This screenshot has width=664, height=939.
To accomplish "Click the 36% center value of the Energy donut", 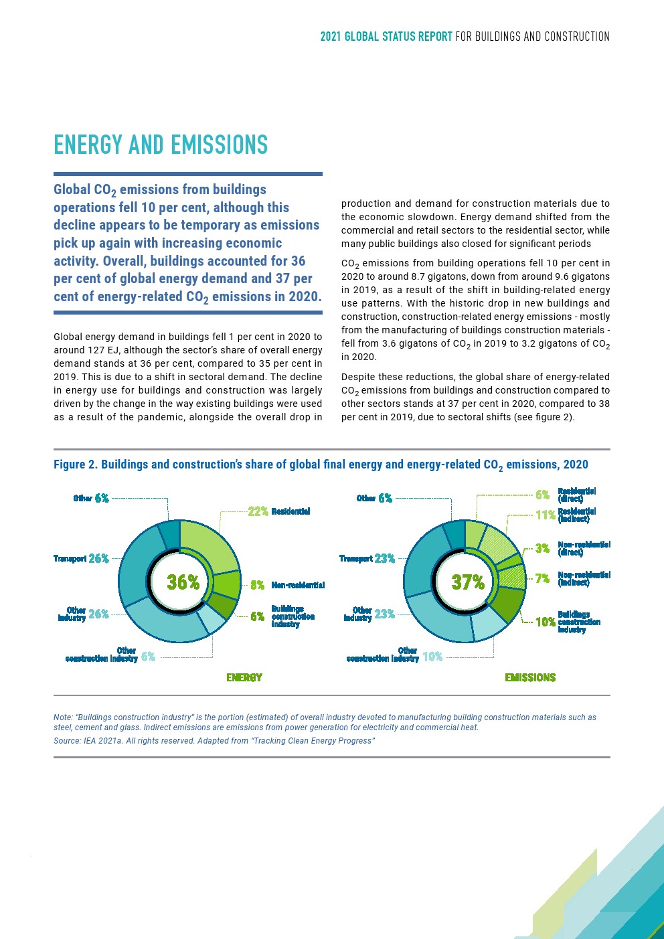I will [x=183, y=582].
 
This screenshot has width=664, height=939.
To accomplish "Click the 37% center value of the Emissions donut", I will [x=468, y=582].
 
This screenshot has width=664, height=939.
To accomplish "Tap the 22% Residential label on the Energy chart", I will [x=278, y=511].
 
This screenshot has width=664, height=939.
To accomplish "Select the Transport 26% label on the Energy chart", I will [x=81, y=558].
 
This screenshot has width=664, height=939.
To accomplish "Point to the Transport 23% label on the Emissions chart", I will [x=367, y=558].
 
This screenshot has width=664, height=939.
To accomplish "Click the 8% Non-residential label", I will [x=287, y=585].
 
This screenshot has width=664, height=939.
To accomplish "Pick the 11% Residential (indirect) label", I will [x=565, y=515].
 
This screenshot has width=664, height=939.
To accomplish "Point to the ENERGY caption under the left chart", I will [x=244, y=677].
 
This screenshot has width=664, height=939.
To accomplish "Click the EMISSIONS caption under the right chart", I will [x=530, y=677].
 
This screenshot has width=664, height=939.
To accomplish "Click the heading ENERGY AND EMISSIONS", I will [x=161, y=145].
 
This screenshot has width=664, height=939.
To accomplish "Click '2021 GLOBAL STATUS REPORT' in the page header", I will [x=386, y=36].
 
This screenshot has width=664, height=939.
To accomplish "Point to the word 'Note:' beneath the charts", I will [x=64, y=717].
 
